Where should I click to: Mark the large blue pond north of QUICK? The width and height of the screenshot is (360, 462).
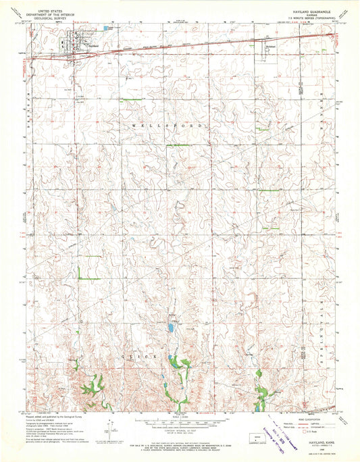(x=170, y=328)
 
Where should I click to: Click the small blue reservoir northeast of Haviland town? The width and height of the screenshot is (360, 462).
(x=106, y=28)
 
